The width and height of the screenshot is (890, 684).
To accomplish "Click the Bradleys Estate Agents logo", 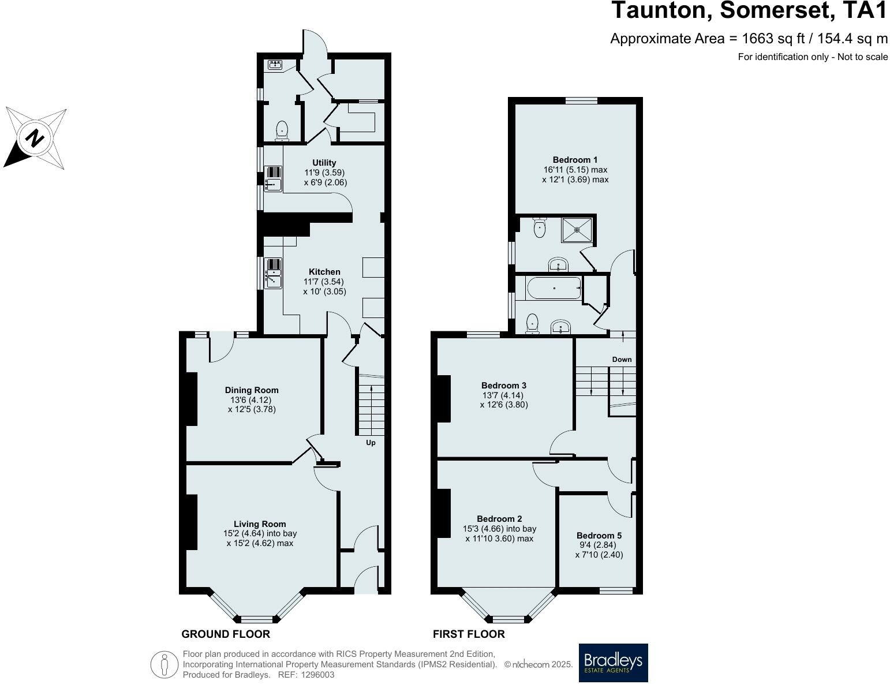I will pyautogui.click(x=613, y=663).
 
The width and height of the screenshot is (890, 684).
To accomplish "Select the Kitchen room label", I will pyautogui.click(x=324, y=272).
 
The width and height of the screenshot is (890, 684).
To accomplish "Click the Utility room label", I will pyautogui.click(x=324, y=163).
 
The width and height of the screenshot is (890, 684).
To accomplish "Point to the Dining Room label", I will pyautogui.click(x=252, y=390).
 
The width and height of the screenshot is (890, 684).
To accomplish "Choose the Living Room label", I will pyautogui.click(x=260, y=524).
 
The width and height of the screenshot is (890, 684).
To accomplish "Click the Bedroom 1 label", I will pyautogui.click(x=575, y=160).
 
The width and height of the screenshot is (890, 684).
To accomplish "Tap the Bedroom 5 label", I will pyautogui.click(x=599, y=536).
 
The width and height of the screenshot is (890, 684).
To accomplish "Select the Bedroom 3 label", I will pyautogui.click(x=504, y=386).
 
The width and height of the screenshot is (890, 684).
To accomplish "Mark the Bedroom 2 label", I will pyautogui.click(x=500, y=519).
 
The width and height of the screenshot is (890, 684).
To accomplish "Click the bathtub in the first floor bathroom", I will pyautogui.click(x=554, y=288).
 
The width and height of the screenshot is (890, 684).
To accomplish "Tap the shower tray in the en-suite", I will pyautogui.click(x=577, y=229).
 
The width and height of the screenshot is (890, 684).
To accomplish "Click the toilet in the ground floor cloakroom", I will pyautogui.click(x=282, y=130).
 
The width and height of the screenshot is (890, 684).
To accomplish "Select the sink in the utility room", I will pyautogui.click(x=273, y=185).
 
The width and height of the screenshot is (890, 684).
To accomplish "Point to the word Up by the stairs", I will pyautogui.click(x=371, y=443).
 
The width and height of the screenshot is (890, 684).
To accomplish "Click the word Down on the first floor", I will pyautogui.click(x=622, y=359).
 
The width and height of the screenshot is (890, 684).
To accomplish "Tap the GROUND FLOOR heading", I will pyautogui.click(x=226, y=634).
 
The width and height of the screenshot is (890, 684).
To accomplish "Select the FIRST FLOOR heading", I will pyautogui.click(x=469, y=634).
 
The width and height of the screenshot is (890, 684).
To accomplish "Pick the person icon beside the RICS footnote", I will pyautogui.click(x=164, y=664).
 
